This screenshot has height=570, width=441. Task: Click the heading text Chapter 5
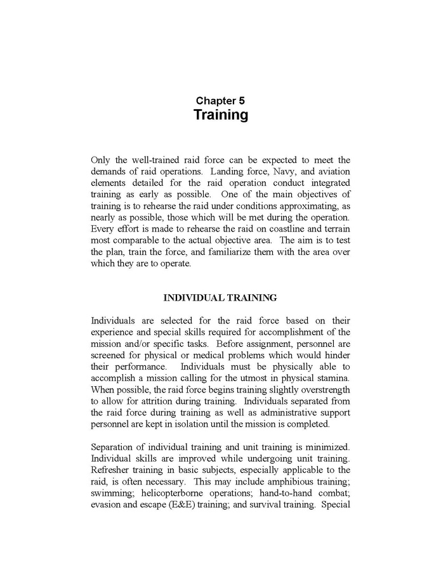point(220,100)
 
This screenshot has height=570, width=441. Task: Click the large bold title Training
point(220,115)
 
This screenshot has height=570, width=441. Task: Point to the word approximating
point(302,205)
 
